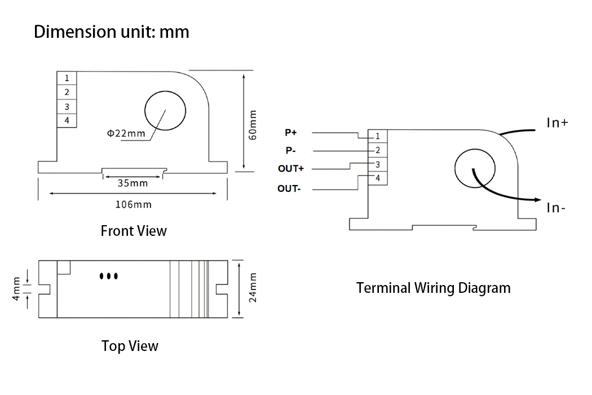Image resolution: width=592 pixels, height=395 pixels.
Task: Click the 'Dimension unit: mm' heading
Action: coord(112,32)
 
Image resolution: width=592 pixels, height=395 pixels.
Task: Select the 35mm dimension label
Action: coord(132,183)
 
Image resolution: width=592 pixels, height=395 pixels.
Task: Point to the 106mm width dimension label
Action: coord(133,204)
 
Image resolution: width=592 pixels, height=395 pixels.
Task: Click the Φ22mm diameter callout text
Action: coord(126,133)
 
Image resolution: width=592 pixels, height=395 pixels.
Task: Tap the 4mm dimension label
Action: coord(16,288)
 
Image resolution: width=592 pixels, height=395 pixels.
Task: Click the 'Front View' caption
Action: coord(134,231)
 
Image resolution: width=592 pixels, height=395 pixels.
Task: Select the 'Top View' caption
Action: coord(130,346)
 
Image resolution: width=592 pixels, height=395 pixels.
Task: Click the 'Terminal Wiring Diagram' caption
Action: coord(433,288)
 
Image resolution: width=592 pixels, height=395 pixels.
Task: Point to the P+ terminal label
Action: coord(290,133)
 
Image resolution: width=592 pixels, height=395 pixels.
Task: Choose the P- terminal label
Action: coord(290,151)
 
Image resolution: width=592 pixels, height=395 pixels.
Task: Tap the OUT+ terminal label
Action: coord(290,169)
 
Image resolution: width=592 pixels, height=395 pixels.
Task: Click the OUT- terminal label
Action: coord(289,188)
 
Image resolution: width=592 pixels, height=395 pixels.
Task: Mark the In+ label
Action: coord(557,122)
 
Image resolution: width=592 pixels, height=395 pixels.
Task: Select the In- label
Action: coord(556,208)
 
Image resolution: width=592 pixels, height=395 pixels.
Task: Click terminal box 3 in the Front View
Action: coord(67,106)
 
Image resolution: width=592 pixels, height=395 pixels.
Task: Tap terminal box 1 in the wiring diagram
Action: coord(378,136)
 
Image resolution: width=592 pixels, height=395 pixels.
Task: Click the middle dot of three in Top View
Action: coord(108,276)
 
